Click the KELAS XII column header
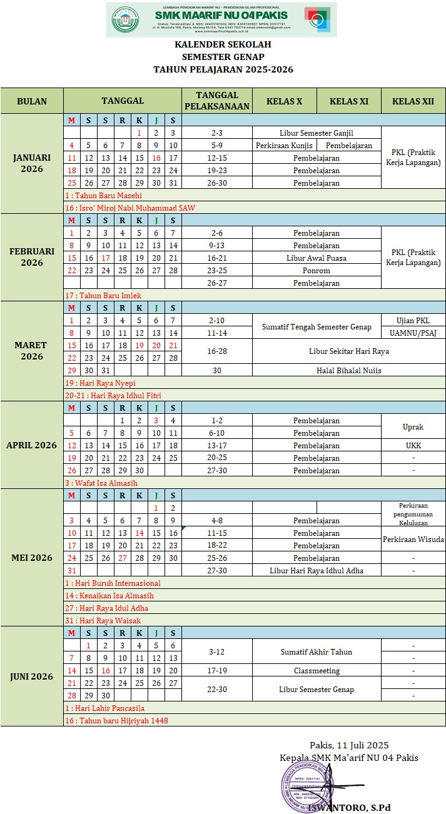(x=413, y=101)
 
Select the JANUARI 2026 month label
(x=32, y=163)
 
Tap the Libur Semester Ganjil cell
(x=317, y=133)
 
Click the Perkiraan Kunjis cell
(x=284, y=145)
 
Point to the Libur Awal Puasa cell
(x=317, y=258)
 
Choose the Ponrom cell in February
(x=317, y=270)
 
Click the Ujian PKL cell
(x=413, y=320)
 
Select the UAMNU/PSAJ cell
(x=413, y=333)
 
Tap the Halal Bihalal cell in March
(x=348, y=370)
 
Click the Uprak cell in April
(x=413, y=426)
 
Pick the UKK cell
(x=413, y=445)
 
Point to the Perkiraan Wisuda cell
(x=413, y=539)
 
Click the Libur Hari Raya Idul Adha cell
(x=317, y=570)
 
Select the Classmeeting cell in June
(x=317, y=670)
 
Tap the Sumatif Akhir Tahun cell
(x=317, y=651)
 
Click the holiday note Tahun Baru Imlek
(x=103, y=295)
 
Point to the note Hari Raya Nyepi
(x=100, y=383)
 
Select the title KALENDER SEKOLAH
(x=223, y=44)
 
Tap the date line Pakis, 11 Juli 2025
(x=349, y=745)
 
